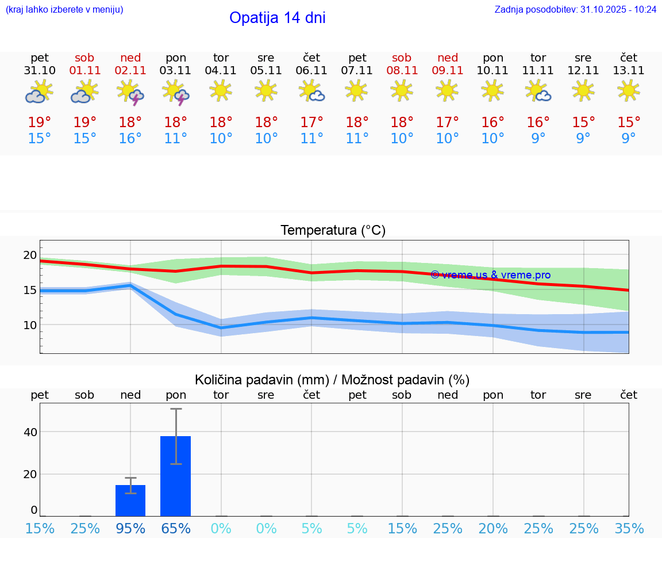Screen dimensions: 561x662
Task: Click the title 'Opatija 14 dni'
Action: point(277,18)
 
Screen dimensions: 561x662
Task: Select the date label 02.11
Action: point(130,71)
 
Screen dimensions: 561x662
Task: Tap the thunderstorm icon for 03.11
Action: point(176,92)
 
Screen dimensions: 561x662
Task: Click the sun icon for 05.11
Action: point(266,90)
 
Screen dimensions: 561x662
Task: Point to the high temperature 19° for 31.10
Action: point(40,123)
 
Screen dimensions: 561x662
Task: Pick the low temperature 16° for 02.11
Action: point(130,139)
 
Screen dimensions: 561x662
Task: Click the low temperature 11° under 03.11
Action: point(176,139)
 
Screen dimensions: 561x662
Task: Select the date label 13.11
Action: point(629,71)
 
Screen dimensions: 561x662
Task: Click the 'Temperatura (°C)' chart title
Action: point(333,231)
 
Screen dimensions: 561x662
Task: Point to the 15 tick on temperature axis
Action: point(30,290)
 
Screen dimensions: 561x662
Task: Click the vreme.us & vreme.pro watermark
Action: point(491,275)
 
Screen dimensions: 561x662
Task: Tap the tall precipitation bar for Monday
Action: point(175,476)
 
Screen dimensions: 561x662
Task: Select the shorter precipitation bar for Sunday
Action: point(130,501)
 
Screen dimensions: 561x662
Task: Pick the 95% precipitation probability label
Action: point(130,528)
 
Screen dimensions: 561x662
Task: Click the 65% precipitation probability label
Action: point(176,528)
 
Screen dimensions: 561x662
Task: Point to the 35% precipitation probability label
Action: point(629,528)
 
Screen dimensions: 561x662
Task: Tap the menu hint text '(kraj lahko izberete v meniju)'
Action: point(64,9)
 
